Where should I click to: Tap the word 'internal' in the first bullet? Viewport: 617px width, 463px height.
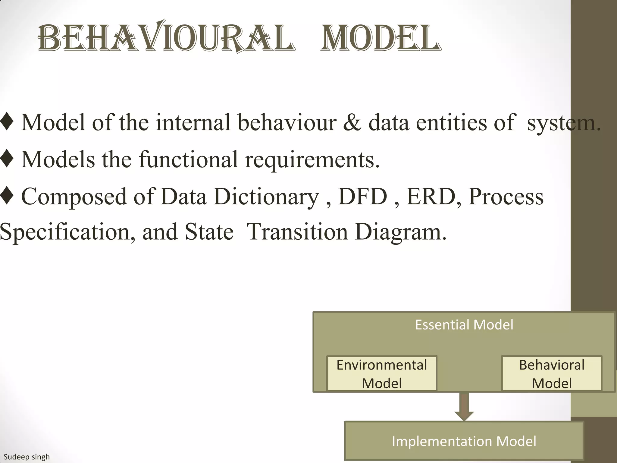pos(193,122)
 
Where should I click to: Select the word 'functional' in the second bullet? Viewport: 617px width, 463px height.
pos(188,159)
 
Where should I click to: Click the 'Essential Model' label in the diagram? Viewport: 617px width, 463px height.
pos(464,325)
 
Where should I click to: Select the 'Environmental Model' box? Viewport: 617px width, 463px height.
pos(381,374)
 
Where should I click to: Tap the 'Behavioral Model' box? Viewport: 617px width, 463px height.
pos(551,374)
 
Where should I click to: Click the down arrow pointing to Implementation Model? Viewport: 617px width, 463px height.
pos(464,407)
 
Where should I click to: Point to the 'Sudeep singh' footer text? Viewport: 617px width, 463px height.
pos(27,457)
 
